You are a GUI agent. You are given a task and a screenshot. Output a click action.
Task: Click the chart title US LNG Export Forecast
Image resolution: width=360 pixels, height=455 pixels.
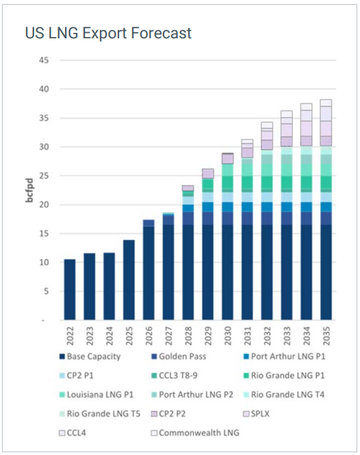click(x=108, y=33)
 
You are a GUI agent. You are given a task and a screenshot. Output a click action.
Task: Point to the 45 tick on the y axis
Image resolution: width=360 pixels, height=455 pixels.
click(x=43, y=60)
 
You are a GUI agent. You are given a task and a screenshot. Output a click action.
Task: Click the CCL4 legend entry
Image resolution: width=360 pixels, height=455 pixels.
click(x=77, y=432)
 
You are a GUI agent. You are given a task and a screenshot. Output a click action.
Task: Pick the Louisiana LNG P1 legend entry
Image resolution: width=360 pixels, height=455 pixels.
click(x=100, y=395)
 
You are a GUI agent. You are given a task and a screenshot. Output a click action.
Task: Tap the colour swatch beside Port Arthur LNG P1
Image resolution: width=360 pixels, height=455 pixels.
click(x=246, y=357)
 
